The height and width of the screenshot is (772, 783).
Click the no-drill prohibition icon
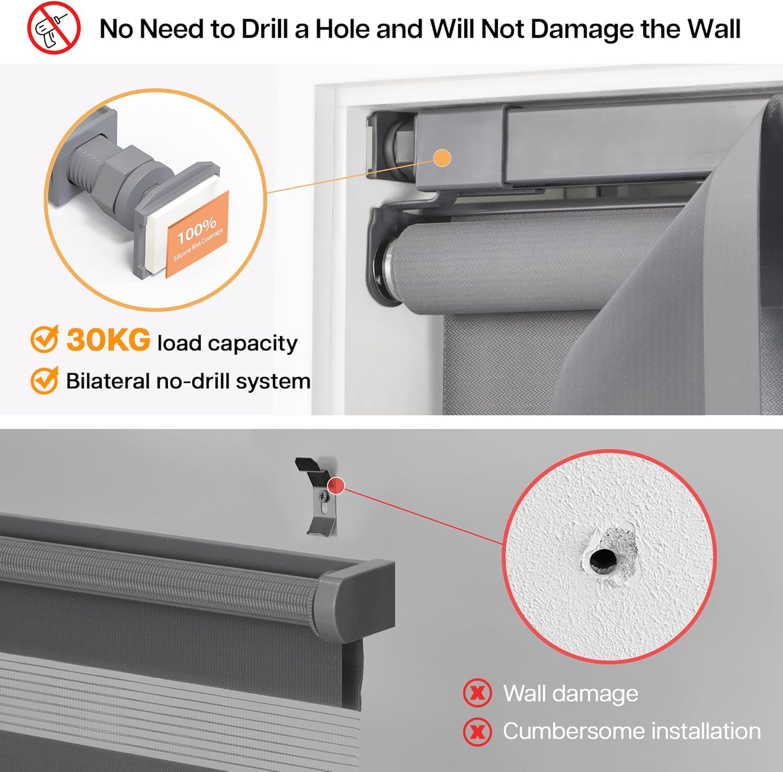click(53, 28)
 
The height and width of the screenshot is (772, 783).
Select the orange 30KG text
click(109, 340)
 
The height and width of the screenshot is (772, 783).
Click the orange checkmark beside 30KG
click(44, 340)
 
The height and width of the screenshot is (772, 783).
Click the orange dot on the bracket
click(442, 158)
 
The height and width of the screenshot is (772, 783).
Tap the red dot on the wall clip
click(337, 486)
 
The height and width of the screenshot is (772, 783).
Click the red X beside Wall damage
click(477, 693)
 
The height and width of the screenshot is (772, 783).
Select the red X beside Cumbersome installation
click(477, 731)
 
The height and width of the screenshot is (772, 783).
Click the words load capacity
click(228, 344)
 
